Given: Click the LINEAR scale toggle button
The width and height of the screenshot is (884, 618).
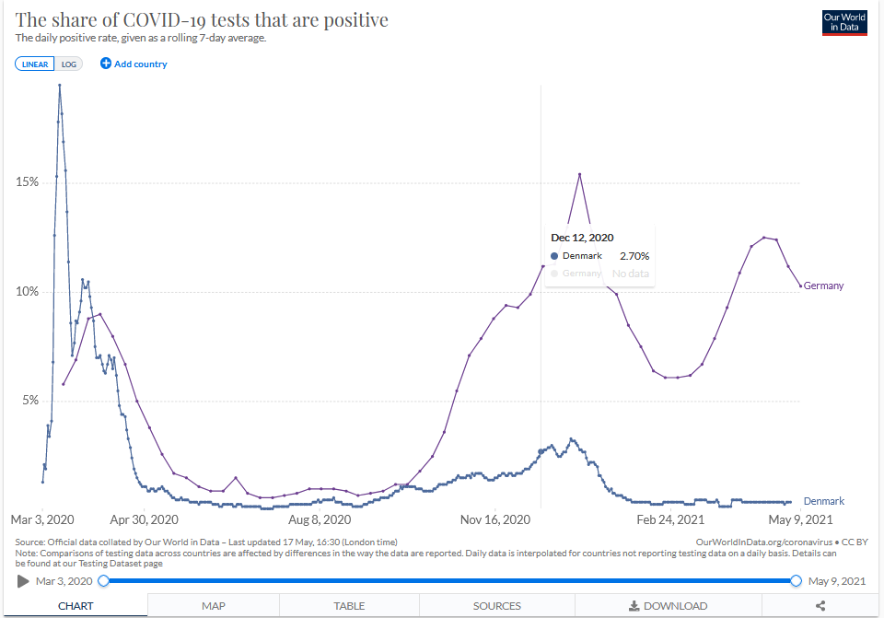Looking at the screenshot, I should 36,64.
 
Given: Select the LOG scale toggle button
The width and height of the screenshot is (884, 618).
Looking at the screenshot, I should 69,64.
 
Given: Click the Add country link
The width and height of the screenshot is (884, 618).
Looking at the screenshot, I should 134,64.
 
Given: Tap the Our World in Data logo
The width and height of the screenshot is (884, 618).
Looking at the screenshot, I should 844,23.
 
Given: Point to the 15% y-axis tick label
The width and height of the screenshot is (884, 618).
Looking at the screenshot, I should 27,182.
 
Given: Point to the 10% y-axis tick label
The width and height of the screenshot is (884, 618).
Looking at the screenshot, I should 27,292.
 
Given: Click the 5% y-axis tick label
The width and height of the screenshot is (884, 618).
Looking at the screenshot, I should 29,401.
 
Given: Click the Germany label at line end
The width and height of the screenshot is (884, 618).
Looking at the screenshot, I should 823,286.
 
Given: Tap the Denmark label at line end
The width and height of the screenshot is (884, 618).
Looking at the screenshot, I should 823,501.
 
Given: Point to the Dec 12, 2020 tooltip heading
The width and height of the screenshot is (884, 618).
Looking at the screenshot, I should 582,238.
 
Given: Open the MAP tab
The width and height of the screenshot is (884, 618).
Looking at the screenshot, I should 214,606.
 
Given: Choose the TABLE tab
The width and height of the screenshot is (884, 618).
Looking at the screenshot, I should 349,606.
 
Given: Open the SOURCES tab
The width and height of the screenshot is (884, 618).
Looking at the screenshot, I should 497,606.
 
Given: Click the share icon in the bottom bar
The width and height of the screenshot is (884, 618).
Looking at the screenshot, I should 820,606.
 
